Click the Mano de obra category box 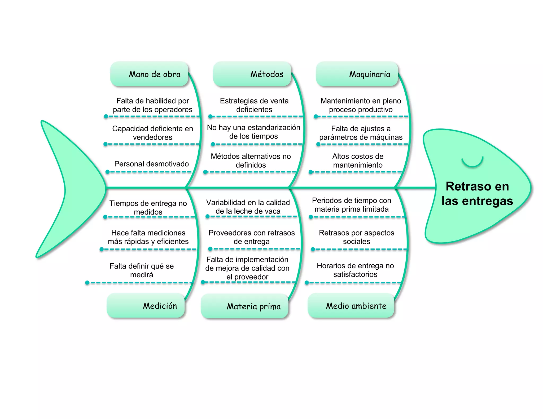149,74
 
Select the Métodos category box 252,74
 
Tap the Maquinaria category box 357,74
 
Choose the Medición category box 146,305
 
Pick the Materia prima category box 244,306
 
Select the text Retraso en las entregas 477,194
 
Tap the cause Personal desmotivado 151,164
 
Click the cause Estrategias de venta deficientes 254,105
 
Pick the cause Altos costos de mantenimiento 358,161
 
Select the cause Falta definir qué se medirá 142,270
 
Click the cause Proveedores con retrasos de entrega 252,237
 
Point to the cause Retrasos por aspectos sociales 357,237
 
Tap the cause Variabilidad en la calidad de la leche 248,207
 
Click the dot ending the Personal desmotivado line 108,172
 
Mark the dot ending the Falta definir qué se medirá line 87,283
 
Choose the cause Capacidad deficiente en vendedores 152,133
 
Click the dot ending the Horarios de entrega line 307,283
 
